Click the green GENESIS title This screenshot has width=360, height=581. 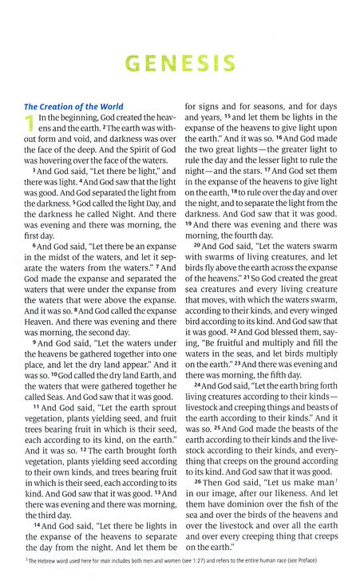click(x=180, y=62)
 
